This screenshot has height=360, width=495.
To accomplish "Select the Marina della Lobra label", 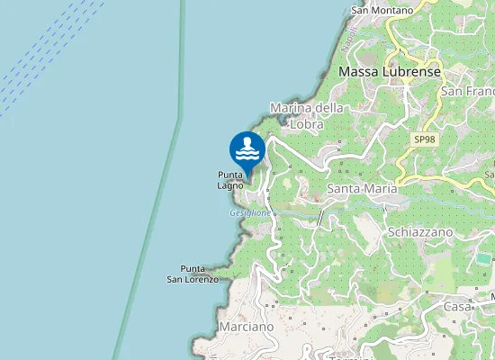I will click(307, 116).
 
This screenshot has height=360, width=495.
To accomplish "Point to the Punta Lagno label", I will click(230, 180).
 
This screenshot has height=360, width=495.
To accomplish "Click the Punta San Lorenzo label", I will click(193, 274).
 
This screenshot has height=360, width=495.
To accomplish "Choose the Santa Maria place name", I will click(361, 189).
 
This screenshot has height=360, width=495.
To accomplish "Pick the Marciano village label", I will click(245, 327).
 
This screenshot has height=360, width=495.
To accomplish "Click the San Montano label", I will click(382, 10).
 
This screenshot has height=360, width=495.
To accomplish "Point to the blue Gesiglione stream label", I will click(249, 213).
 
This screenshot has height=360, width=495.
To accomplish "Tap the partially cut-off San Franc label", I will click(468, 92).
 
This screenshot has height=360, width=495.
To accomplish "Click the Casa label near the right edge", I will click(458, 306).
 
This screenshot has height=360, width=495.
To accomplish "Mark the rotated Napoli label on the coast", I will click(351, 40).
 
